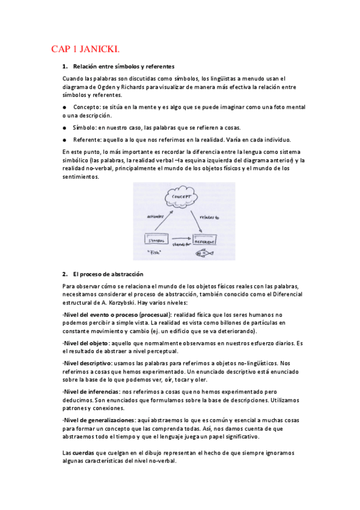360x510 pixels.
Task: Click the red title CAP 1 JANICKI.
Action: pyautogui.click(x=89, y=49)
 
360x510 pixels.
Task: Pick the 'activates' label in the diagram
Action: pyautogui.click(x=155, y=217)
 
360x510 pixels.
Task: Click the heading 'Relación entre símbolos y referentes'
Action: pyautogui.click(x=123, y=66)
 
